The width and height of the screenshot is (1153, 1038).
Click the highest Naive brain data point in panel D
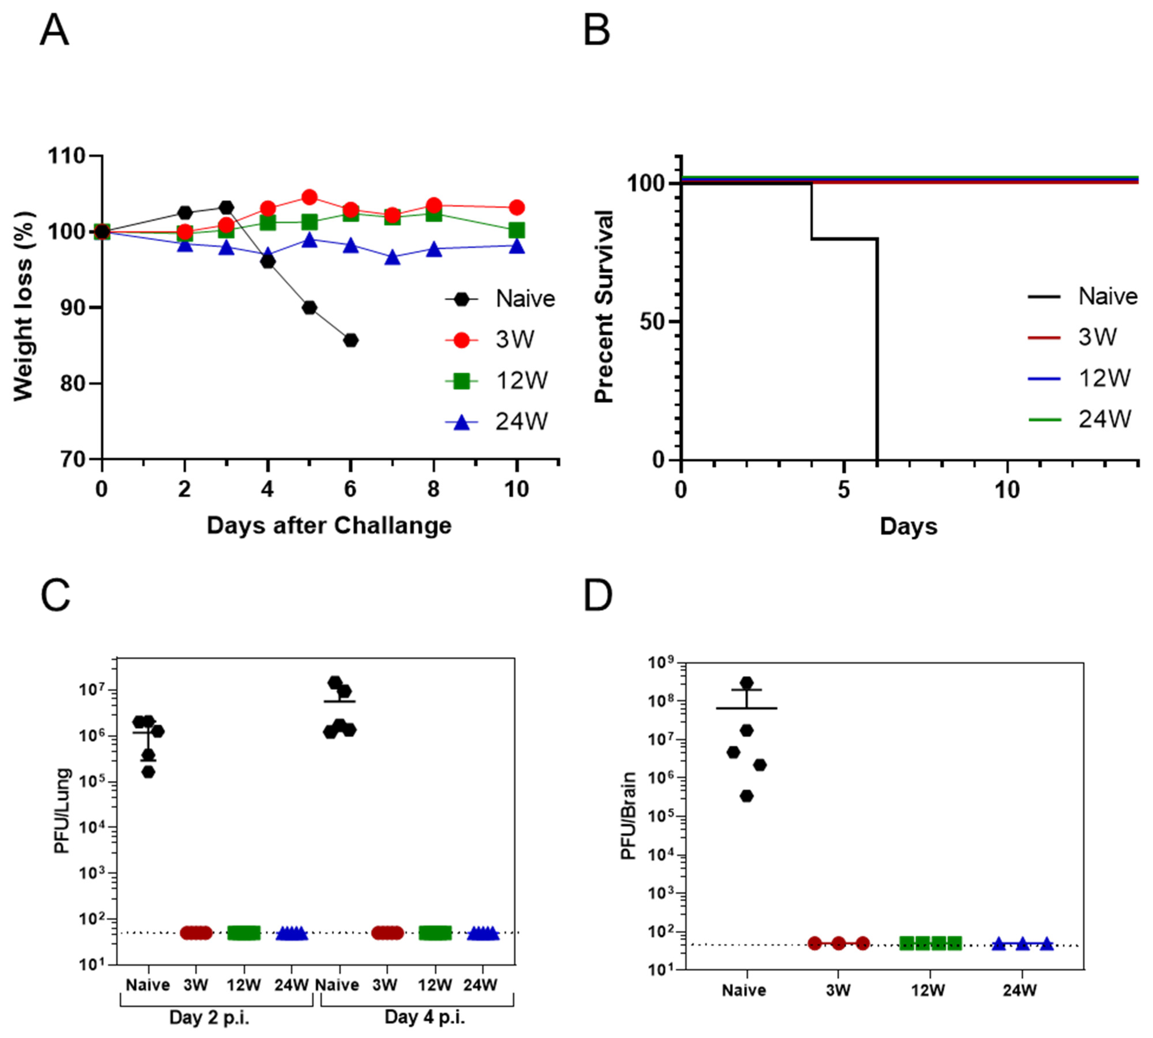746,683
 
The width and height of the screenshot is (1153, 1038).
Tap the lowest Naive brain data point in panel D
746,796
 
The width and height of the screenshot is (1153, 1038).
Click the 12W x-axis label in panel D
928,990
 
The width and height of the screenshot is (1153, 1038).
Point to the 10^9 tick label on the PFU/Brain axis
662,663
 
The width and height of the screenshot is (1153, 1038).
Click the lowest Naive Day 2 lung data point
148,772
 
